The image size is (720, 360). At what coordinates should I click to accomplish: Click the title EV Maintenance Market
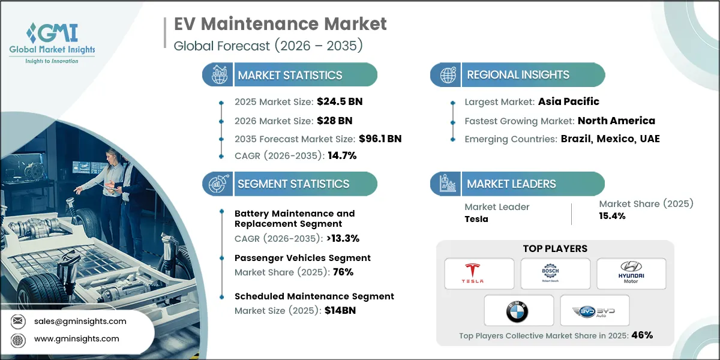point(280,24)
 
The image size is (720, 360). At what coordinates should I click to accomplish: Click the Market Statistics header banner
point(290,75)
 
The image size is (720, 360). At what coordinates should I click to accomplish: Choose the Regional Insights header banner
point(517,75)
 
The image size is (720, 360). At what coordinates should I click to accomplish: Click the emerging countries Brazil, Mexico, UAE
point(610,139)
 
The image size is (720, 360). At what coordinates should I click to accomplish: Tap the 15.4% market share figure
point(612,215)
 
